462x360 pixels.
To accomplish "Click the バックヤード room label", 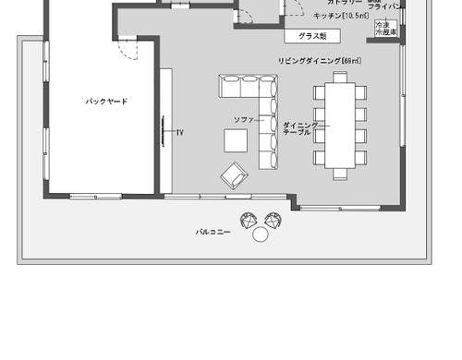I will click(106, 101).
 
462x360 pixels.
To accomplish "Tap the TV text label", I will click(180, 133).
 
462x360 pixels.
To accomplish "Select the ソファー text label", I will click(243, 121).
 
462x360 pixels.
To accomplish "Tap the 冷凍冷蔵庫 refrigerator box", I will click(385, 29).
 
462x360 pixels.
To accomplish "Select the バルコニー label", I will click(212, 232).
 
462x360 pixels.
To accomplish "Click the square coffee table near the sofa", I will click(236, 140).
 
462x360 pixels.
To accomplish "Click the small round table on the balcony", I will click(260, 235).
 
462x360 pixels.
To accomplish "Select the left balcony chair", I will click(248, 220).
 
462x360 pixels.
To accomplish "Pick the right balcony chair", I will click(272, 220).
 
